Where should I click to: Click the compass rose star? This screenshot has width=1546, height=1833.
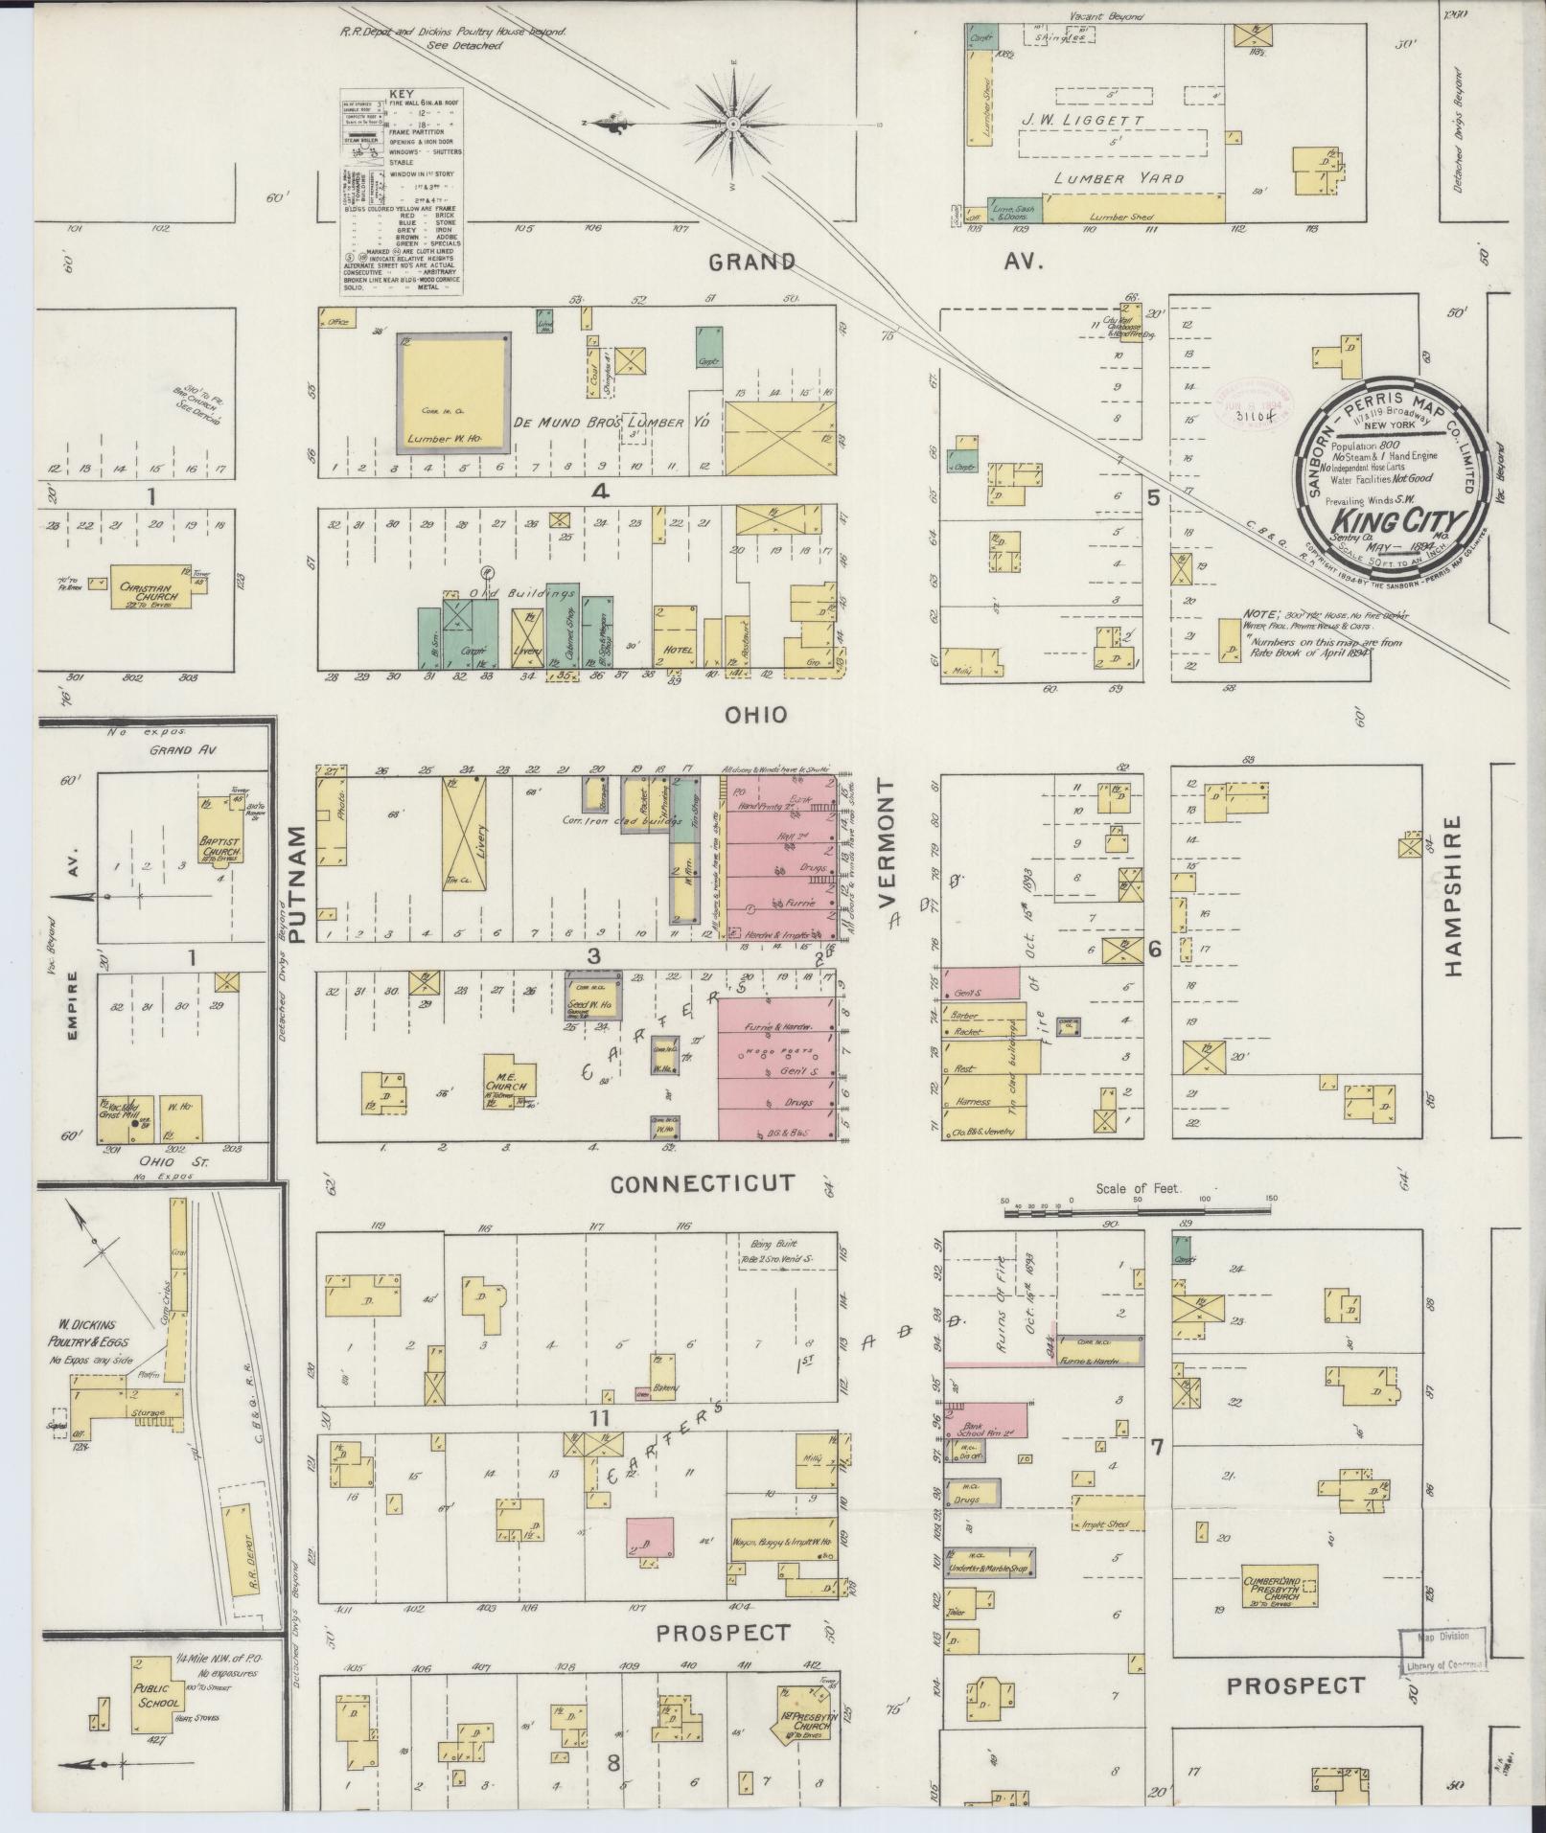(732, 124)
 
